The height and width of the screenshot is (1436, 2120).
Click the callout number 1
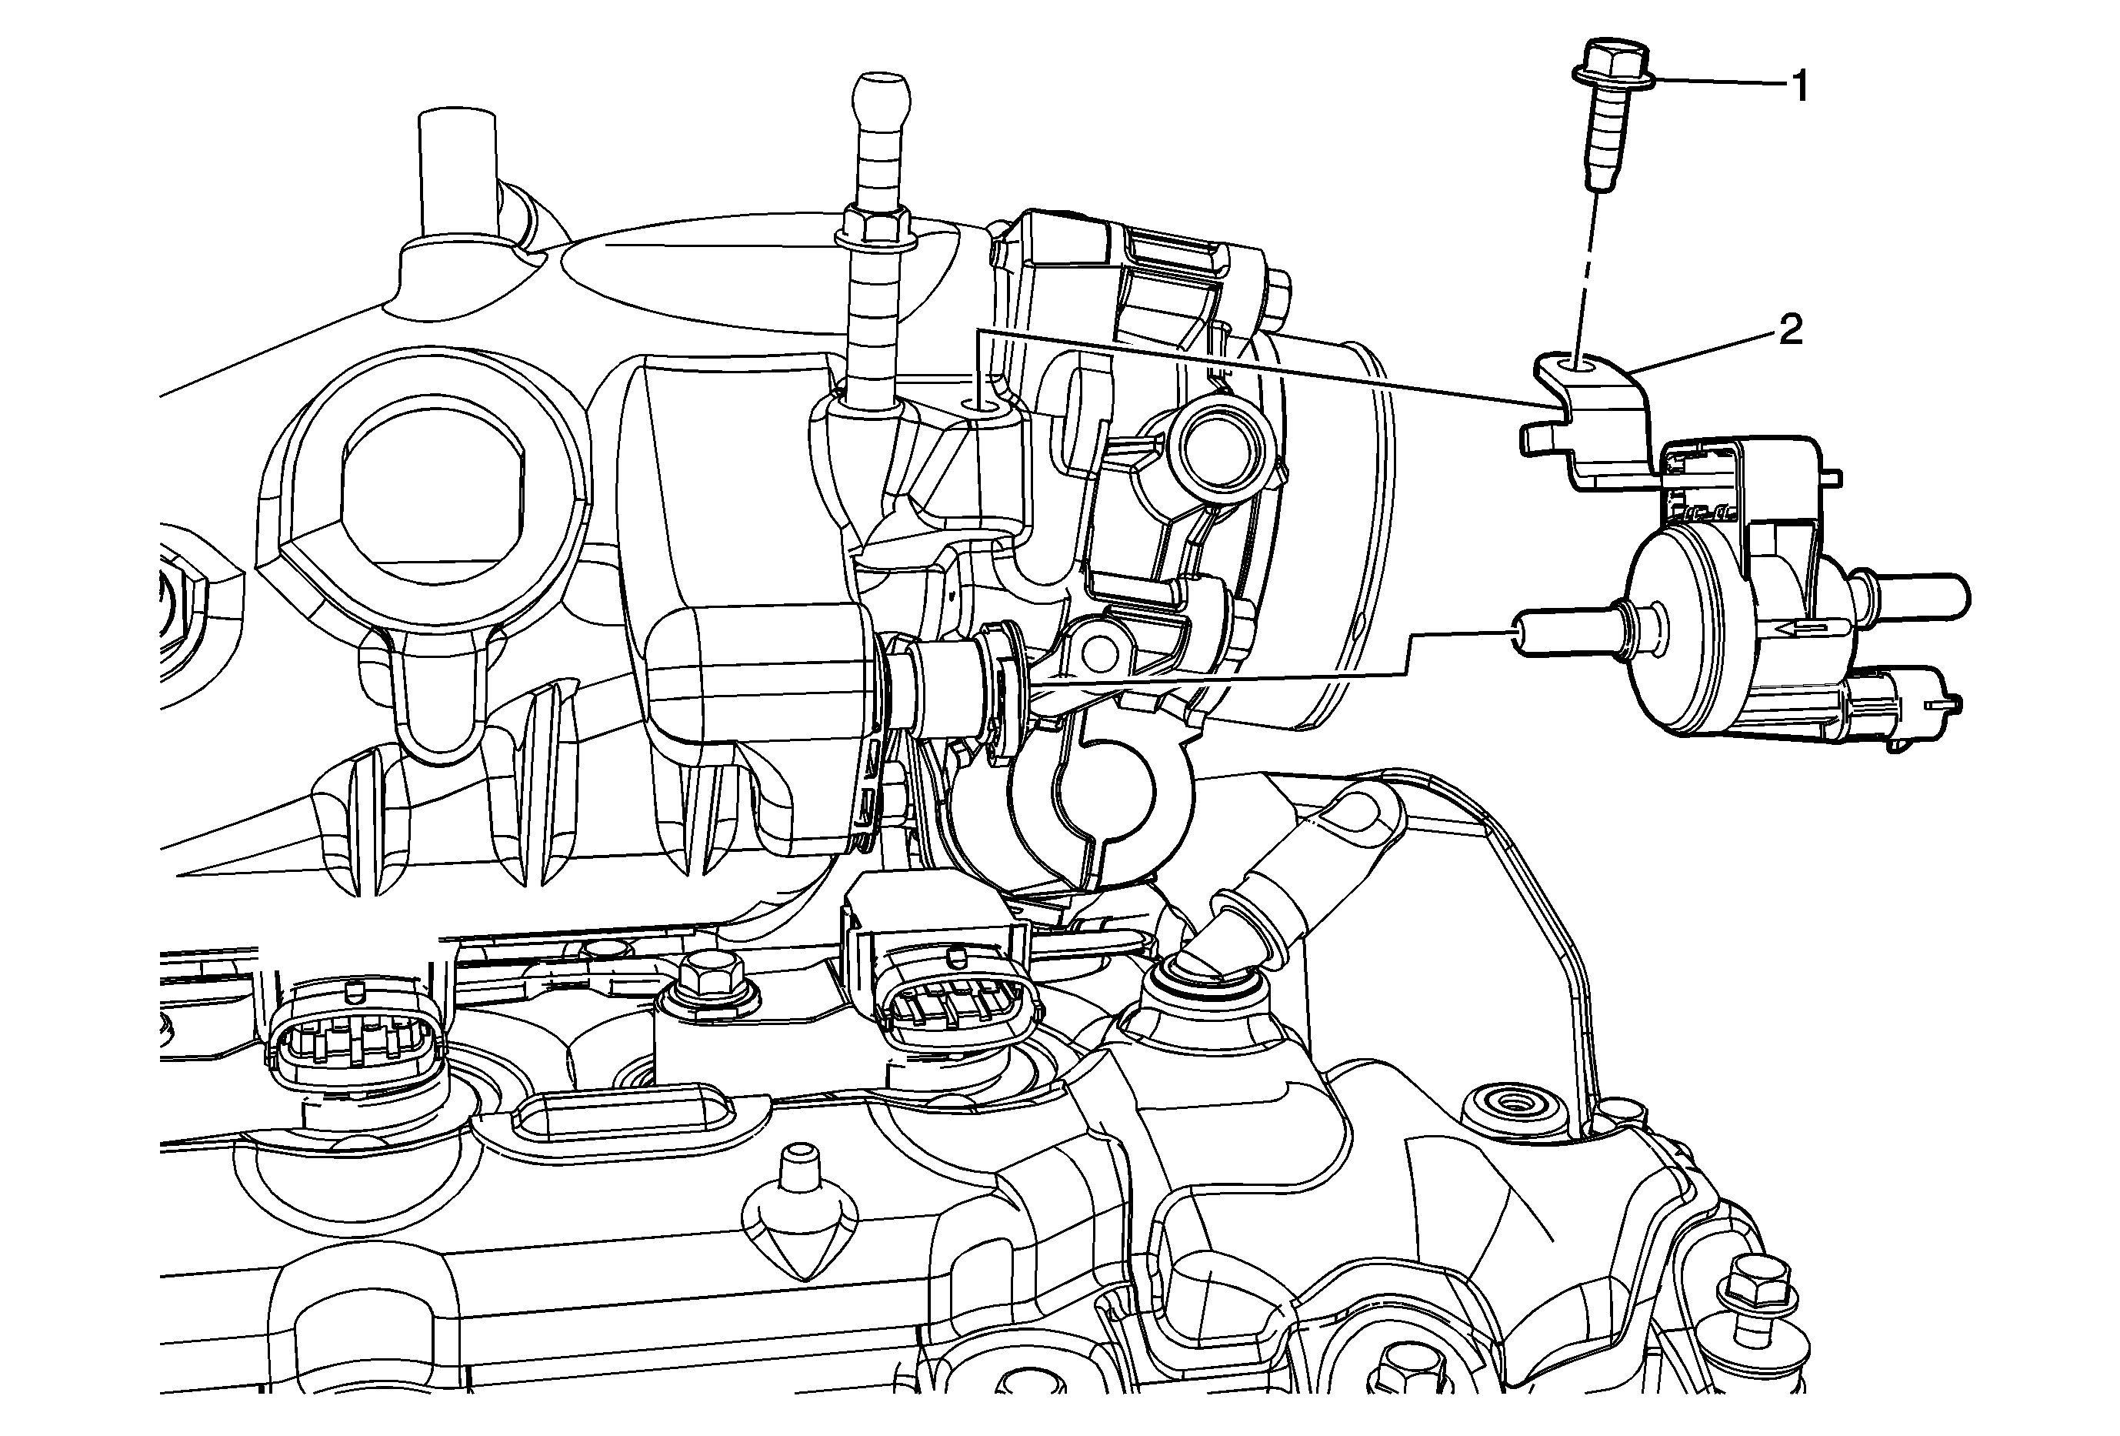pyautogui.click(x=1799, y=88)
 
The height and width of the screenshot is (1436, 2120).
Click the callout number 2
pyautogui.click(x=1791, y=330)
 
